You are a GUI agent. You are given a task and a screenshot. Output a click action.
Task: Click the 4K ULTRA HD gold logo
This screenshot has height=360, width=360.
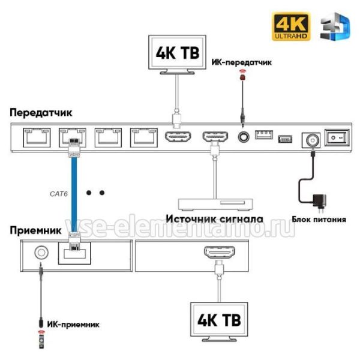[291, 26]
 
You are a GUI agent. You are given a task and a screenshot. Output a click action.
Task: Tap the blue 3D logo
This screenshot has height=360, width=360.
[335, 26]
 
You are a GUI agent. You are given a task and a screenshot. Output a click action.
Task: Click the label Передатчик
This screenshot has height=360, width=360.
[41, 113]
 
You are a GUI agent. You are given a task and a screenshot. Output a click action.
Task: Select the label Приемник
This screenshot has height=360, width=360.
[35, 230]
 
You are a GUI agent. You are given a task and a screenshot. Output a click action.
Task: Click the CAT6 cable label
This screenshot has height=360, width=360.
[59, 194]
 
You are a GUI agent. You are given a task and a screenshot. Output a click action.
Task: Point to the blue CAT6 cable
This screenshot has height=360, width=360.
[74, 194]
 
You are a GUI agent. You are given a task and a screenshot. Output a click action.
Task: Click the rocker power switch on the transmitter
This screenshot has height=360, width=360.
[337, 137]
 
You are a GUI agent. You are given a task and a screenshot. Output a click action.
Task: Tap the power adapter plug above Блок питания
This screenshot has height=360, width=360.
[319, 202]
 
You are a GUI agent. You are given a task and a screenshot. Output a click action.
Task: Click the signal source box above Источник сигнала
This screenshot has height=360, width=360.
[215, 205]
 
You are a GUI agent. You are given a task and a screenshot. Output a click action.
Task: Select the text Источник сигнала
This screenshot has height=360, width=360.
[214, 219]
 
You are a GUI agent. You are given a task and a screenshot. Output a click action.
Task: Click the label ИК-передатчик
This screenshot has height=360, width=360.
[242, 62]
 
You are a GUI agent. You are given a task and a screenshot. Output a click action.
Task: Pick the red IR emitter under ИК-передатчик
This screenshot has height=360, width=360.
[242, 76]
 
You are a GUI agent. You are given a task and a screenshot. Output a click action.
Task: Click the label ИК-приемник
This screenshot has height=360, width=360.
[73, 324]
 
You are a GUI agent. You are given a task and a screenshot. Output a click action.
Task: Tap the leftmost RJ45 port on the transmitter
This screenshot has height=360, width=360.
[37, 137]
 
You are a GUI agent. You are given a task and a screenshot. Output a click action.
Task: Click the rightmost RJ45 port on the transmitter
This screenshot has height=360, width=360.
[144, 137]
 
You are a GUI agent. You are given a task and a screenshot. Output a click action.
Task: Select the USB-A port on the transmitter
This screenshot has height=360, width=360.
[264, 135]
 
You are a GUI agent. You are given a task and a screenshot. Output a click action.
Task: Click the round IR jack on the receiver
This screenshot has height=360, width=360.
[41, 253]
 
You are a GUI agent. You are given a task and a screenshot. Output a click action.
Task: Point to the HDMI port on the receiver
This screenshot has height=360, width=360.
[220, 252]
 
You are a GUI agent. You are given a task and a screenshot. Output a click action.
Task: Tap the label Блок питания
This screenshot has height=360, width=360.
[319, 219]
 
